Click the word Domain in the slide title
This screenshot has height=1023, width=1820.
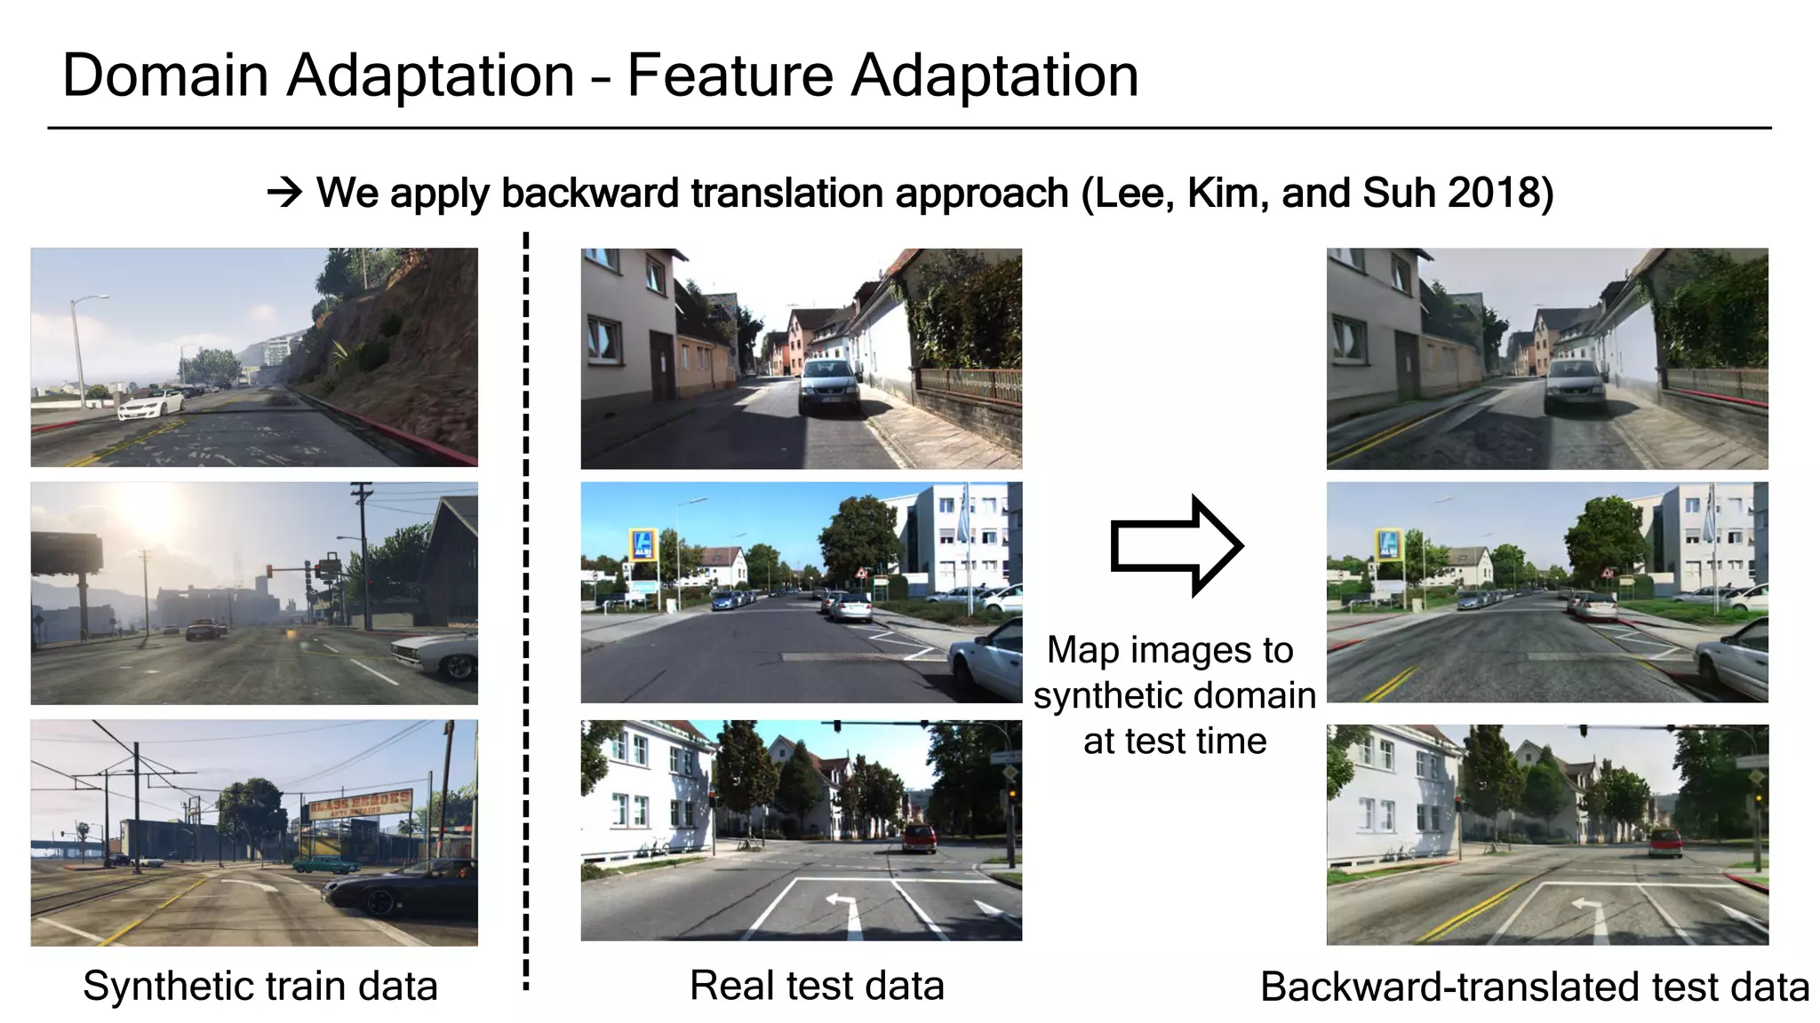(x=165, y=75)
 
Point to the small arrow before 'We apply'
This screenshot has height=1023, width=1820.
(x=285, y=193)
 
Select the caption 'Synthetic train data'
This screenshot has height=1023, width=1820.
(x=260, y=986)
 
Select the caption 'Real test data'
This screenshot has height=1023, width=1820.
(x=817, y=986)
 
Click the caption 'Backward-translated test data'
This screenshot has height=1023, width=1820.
(x=1535, y=987)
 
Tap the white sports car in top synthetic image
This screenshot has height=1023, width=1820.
(x=151, y=406)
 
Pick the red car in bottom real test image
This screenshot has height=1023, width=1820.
(x=920, y=837)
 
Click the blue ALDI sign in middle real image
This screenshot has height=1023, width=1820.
(x=643, y=543)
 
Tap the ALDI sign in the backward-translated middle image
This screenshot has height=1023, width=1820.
(x=1387, y=543)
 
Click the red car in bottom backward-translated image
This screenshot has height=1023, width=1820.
(x=1665, y=842)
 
